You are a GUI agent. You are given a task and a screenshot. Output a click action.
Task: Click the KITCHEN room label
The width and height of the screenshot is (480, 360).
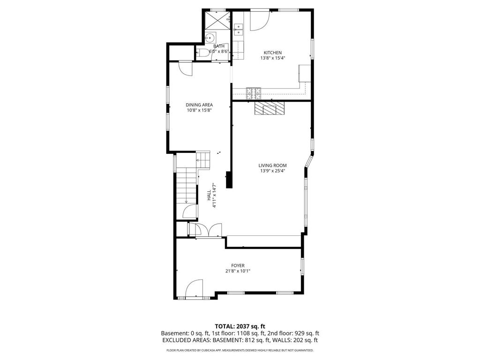272,52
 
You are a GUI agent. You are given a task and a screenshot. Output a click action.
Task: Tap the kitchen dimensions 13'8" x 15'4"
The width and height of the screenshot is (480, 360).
272,58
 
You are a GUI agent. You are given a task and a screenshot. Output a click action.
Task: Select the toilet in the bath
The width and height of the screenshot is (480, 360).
202,52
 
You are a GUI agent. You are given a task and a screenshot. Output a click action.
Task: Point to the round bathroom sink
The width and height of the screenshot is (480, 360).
210,37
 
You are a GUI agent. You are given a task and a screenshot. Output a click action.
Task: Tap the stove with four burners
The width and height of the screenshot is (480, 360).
254,93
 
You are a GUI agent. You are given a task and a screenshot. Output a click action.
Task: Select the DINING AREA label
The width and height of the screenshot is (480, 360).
199,105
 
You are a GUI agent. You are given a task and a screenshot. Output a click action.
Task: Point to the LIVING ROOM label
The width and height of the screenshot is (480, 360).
272,165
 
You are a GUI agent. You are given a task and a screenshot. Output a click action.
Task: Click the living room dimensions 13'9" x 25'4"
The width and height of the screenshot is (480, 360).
272,171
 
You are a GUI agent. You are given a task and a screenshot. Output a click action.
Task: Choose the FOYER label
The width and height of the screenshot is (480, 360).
238,265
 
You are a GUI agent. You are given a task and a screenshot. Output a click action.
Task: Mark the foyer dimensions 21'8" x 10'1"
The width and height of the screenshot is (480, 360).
238,271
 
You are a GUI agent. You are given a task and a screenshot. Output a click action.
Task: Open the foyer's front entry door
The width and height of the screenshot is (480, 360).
194,289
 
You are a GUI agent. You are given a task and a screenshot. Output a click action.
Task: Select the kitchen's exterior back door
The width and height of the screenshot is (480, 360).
259,20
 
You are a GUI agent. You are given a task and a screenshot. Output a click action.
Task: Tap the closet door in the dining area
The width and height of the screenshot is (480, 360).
186,68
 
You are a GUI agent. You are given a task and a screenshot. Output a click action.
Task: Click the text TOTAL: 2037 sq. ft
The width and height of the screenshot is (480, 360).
240,326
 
